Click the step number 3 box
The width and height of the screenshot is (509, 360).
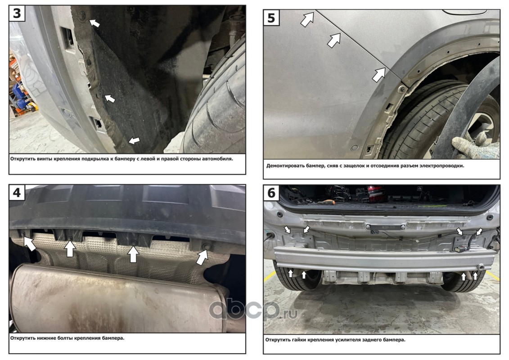click(x=17, y=13)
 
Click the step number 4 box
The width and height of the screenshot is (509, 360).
click(x=17, y=193)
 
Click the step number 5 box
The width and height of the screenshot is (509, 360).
click(x=271, y=18)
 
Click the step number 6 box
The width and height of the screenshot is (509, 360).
click(x=271, y=193)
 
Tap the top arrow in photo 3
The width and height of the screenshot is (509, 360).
click(x=95, y=23)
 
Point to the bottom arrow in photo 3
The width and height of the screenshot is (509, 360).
click(x=134, y=140)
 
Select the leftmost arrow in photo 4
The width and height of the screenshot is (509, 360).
click(x=30, y=243)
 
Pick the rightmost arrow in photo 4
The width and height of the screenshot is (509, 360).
click(x=202, y=257)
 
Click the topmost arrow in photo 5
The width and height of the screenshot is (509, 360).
click(x=307, y=19)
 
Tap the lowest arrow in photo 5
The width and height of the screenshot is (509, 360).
click(x=378, y=75)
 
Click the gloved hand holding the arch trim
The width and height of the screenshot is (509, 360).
click(x=471, y=146)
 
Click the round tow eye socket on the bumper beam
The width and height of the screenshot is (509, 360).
click(x=481, y=267)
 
